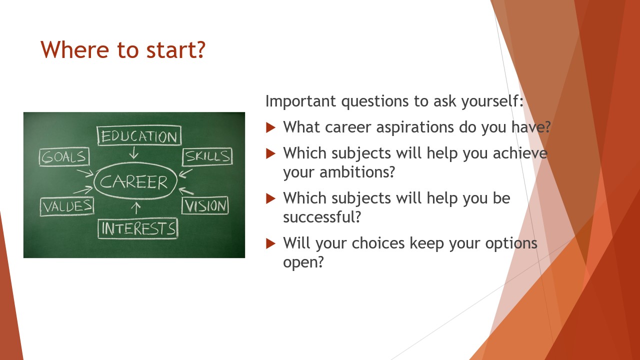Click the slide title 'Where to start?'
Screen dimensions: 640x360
[123, 49]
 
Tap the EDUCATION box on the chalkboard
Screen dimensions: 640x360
[139, 135]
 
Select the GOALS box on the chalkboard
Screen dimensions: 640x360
[64, 157]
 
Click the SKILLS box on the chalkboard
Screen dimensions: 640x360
[207, 156]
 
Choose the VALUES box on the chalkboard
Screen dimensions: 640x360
[67, 206]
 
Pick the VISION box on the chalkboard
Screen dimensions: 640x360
[205, 205]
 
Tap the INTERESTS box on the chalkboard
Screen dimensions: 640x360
[138, 228]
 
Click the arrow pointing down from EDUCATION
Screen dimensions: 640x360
[133, 152]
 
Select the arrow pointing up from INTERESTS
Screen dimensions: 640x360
[136, 208]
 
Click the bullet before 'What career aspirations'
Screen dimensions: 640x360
[270, 127]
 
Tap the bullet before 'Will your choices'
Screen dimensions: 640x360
[270, 243]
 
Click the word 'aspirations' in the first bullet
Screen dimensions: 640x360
[415, 127]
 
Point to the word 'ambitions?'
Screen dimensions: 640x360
[357, 172]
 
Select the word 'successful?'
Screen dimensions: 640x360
[322, 217]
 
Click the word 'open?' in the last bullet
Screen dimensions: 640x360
[303, 262]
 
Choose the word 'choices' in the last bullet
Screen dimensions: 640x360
[378, 243]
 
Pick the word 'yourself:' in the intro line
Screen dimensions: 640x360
[492, 101]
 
